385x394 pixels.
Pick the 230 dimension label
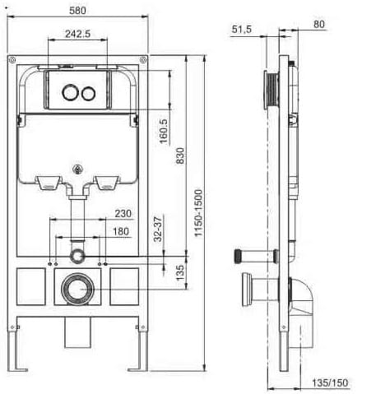123,213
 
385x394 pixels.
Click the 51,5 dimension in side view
242,29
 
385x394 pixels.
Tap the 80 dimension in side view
319,24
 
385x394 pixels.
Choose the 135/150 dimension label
331,382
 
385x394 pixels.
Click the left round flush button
70,92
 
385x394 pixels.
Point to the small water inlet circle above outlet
78,254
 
